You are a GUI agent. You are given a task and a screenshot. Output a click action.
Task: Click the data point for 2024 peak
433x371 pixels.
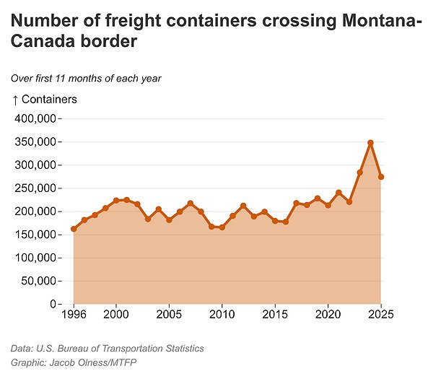pos(370,143)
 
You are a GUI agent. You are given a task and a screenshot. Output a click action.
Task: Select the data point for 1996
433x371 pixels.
pos(74,229)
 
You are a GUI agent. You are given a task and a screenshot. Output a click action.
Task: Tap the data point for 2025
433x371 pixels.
pos(381,177)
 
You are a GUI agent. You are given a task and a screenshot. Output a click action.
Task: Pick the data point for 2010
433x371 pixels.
pos(222,227)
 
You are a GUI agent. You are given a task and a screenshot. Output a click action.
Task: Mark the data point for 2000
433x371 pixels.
pos(116,201)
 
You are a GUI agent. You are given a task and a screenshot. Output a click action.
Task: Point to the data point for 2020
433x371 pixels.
pos(328,206)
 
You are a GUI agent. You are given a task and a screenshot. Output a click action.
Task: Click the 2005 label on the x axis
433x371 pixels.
pos(169,315)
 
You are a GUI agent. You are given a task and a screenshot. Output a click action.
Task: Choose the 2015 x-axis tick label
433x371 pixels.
pos(275,315)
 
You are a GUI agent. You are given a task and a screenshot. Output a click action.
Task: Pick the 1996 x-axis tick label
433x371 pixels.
pos(74,315)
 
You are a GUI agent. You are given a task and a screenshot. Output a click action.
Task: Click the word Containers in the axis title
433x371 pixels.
pos(50,100)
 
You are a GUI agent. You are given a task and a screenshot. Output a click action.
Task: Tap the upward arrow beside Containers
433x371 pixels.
pos(16,100)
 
